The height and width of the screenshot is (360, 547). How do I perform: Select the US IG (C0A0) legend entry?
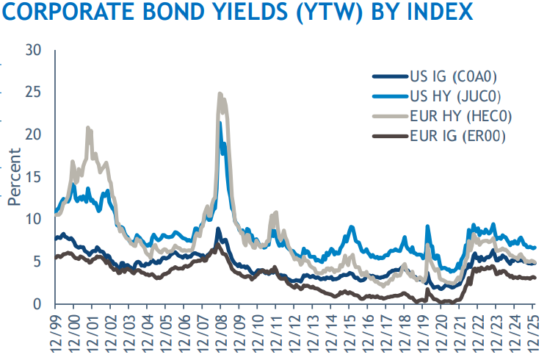point(452,76)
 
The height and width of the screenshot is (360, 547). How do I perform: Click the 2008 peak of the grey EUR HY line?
point(220,94)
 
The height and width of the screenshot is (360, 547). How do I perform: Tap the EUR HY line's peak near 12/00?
point(88,128)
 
